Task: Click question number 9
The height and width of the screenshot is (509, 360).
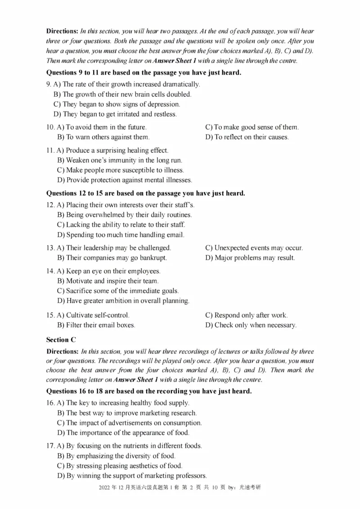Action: tap(49, 84)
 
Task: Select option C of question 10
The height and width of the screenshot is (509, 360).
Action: tap(252, 127)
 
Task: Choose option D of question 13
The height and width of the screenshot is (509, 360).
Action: tap(250, 258)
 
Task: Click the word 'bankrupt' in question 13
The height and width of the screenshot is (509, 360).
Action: tap(151, 258)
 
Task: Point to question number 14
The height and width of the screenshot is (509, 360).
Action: tap(50, 271)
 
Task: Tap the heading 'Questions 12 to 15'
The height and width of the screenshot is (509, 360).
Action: tap(146, 193)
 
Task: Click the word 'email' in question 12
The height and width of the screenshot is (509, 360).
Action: tap(175, 235)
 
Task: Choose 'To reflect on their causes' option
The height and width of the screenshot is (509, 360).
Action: tap(247, 137)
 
